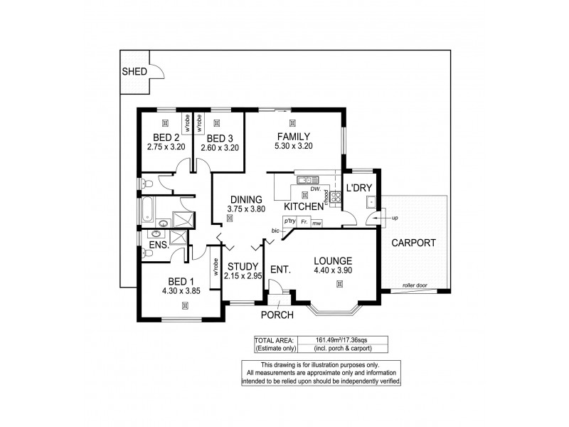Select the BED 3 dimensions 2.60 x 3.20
(219, 148)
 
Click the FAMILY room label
(292, 136)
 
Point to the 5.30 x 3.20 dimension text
(292, 146)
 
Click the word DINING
(245, 199)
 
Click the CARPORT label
(413, 243)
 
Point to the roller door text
(416, 285)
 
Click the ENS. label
(158, 246)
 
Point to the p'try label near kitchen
(289, 221)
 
